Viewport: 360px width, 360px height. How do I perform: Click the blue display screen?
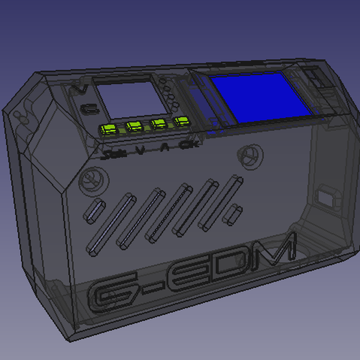point(259,98)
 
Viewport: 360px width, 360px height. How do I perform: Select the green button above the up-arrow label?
point(158,124)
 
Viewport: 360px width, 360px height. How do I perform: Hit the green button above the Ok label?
point(181,122)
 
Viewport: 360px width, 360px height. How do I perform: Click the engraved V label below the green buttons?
point(140,151)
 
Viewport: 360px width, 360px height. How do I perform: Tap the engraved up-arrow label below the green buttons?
point(165,148)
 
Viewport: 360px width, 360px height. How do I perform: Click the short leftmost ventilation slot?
point(94,209)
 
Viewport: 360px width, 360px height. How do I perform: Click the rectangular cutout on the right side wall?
point(326,197)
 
